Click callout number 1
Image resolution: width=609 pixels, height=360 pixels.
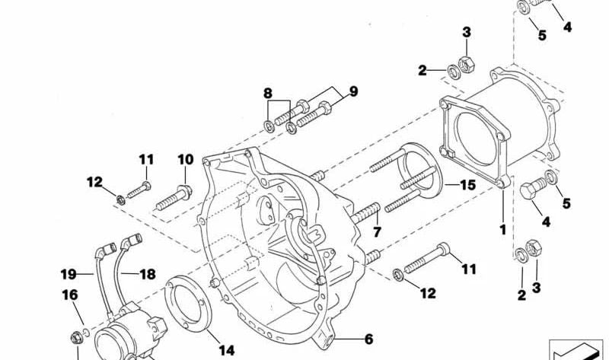tap(502, 228)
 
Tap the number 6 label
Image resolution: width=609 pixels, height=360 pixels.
tap(368, 339)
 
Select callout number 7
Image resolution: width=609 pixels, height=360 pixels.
tap(377, 230)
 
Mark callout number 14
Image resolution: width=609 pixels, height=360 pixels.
tap(227, 350)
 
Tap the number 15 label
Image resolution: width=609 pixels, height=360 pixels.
tap(467, 185)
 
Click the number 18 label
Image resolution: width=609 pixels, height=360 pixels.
tap(147, 274)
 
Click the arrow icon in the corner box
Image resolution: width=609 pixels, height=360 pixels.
tap(579, 349)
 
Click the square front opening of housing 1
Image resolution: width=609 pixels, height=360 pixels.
tap(471, 137)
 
